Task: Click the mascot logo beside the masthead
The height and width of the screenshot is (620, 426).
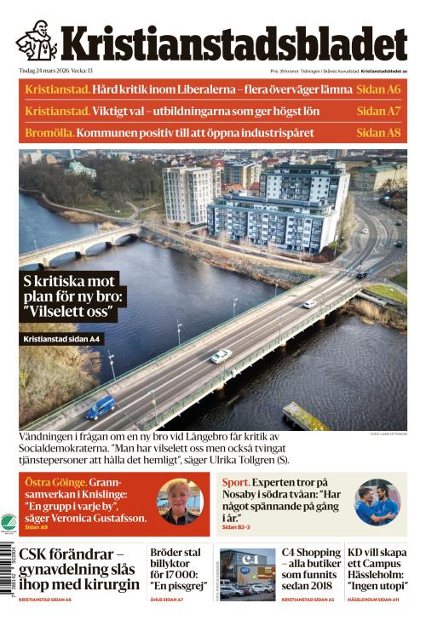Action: pyautogui.click(x=37, y=42)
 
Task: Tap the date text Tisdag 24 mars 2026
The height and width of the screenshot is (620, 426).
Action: pyautogui.click(x=43, y=71)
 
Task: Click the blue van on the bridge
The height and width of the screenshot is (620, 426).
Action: pyautogui.click(x=101, y=406)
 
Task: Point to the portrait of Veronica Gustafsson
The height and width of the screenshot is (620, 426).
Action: pyautogui.click(x=179, y=502)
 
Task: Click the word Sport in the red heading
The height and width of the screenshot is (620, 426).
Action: pyautogui.click(x=236, y=482)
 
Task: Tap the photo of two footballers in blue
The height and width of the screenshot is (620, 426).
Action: pyautogui.click(x=377, y=502)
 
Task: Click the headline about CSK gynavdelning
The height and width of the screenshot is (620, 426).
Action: pyautogui.click(x=79, y=568)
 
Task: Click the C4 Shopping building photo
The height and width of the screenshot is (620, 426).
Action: pyautogui.click(x=248, y=573)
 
